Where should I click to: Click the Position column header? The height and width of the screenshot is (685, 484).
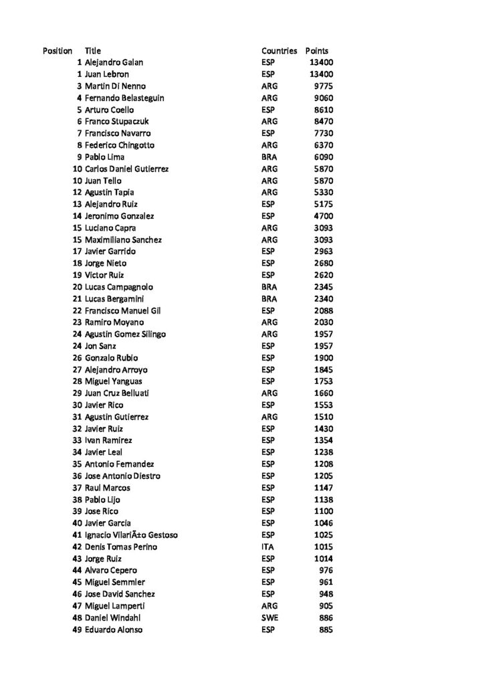point(57,51)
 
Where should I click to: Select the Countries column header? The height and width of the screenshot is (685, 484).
point(279,51)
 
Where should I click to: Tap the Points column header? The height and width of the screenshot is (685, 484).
point(317,51)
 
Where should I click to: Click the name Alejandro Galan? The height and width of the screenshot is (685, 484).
point(114,62)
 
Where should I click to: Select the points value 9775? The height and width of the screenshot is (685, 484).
point(324,86)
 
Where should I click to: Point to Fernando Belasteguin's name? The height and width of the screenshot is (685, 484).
point(124,98)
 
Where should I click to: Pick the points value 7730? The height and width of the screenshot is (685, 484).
point(324,133)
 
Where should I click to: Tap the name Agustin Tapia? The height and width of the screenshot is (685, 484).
point(110,193)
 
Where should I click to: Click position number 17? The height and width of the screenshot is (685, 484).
point(77,252)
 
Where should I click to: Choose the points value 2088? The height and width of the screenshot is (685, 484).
point(324,310)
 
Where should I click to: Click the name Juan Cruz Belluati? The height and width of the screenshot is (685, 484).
point(117,393)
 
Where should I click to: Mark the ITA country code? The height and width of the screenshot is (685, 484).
point(268,547)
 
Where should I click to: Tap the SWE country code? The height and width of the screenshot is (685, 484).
point(269,617)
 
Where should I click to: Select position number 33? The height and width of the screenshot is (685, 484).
point(77,440)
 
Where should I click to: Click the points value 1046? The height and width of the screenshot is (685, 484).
point(324,523)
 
